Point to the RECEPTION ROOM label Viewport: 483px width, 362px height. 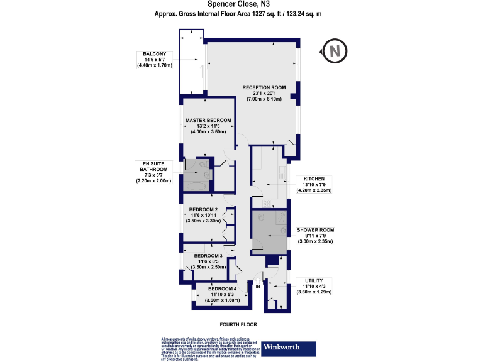pyautogui.click(x=265, y=87)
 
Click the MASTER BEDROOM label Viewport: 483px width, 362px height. pyautogui.click(x=208, y=120)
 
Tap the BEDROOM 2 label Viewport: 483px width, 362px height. pyautogui.click(x=204, y=209)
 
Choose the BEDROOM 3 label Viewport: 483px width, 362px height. pyautogui.click(x=208, y=256)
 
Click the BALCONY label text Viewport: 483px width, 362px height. pyautogui.click(x=154, y=54)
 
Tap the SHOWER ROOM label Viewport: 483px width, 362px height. pyautogui.click(x=314, y=230)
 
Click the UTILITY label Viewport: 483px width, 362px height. pyautogui.click(x=313, y=280)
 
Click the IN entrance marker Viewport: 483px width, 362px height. pyautogui.click(x=257, y=286)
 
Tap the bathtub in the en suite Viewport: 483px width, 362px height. pyautogui.click(x=195, y=186)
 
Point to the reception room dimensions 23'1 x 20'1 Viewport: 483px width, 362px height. pyautogui.click(x=265, y=94)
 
